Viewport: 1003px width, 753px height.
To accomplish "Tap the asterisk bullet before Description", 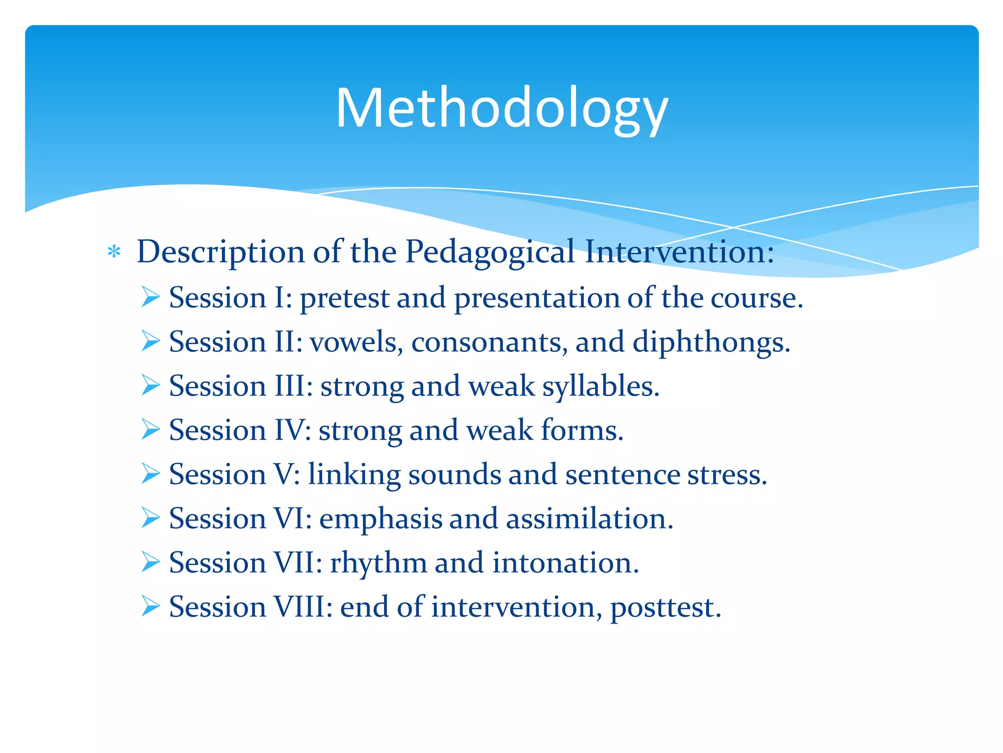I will [114, 252].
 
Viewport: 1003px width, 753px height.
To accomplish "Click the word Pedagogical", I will [489, 252].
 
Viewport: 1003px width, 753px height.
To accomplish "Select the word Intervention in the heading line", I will [676, 252].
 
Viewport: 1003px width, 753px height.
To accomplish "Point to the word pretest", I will [344, 298].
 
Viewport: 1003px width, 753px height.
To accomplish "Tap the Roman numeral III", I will [292, 386].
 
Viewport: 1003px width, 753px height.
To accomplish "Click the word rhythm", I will [378, 563].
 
